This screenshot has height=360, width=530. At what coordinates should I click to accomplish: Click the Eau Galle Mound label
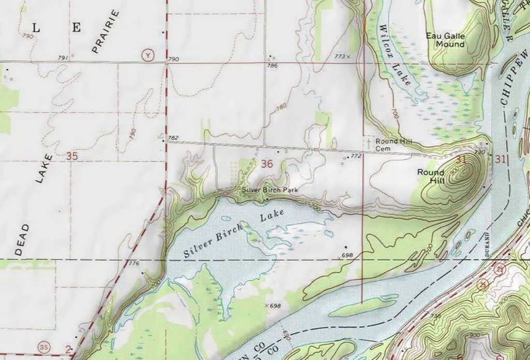(445, 40)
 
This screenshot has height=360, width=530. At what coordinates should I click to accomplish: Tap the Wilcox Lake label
(394, 55)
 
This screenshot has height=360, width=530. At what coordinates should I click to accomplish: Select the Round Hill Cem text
(394, 145)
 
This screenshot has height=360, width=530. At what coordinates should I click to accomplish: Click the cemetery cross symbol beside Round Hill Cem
(368, 142)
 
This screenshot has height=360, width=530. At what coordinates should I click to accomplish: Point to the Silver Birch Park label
(270, 190)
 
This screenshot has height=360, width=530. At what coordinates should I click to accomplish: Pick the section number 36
(267, 164)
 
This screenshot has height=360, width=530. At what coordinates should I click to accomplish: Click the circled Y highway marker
(148, 55)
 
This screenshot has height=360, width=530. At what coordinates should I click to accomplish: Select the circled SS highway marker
(45, 345)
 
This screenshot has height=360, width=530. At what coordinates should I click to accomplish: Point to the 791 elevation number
(63, 57)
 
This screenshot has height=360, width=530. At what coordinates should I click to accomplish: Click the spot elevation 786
(272, 66)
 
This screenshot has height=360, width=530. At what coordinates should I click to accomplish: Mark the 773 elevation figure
(340, 56)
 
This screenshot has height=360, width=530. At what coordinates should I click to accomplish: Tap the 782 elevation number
(173, 138)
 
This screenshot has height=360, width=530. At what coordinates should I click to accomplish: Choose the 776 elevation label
(134, 264)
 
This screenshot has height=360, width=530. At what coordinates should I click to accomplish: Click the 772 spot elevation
(356, 156)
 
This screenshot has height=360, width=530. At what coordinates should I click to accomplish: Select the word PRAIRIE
(106, 32)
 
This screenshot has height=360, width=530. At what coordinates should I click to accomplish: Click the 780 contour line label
(282, 107)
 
